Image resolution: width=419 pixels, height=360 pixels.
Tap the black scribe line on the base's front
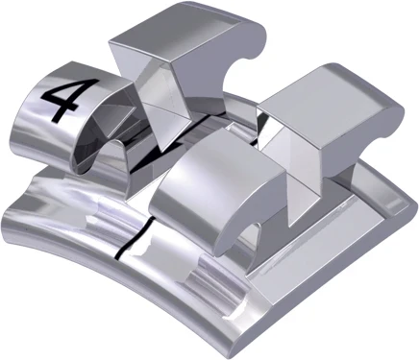pyautogui.click(x=121, y=248)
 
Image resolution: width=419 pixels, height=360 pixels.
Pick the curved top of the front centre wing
pyautogui.click(x=197, y=158)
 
